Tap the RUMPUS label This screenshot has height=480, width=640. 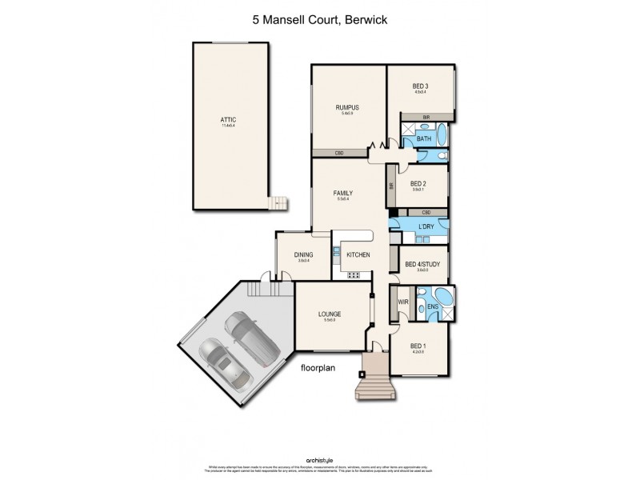346,108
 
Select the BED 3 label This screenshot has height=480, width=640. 420,86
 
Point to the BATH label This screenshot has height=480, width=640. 424,138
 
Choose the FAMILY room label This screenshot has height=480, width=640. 343,194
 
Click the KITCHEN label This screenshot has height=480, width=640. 358,254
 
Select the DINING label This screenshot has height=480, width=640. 303,254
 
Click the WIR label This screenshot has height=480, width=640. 404,302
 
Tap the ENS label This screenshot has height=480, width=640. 432,306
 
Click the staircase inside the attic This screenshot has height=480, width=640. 278,203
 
